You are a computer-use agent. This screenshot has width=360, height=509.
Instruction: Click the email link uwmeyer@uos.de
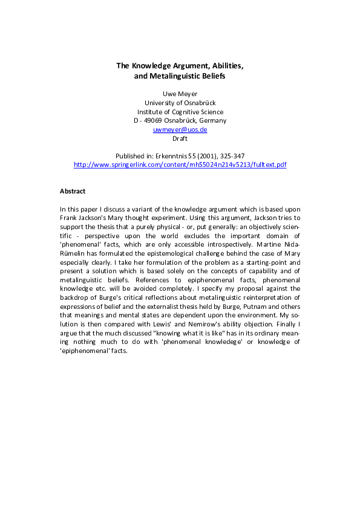180,129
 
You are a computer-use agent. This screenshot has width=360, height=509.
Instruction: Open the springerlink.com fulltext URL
180,164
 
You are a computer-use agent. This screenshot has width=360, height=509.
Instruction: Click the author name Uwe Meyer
180,94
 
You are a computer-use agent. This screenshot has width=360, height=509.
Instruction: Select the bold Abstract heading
73,191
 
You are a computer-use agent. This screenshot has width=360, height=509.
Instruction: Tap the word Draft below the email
180,138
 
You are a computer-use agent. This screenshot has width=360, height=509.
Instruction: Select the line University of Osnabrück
180,103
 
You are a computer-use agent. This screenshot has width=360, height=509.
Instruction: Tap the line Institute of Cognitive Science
180,112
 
